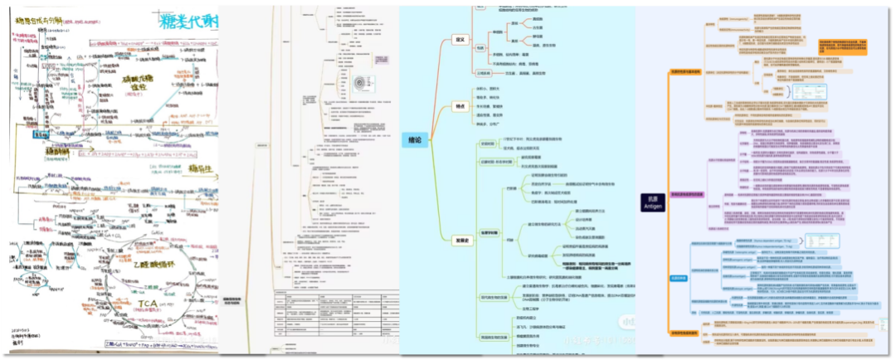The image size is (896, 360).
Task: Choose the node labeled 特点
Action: point(460,106)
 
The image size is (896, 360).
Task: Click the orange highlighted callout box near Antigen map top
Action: point(845,46)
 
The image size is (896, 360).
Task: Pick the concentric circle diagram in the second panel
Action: point(361,83)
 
